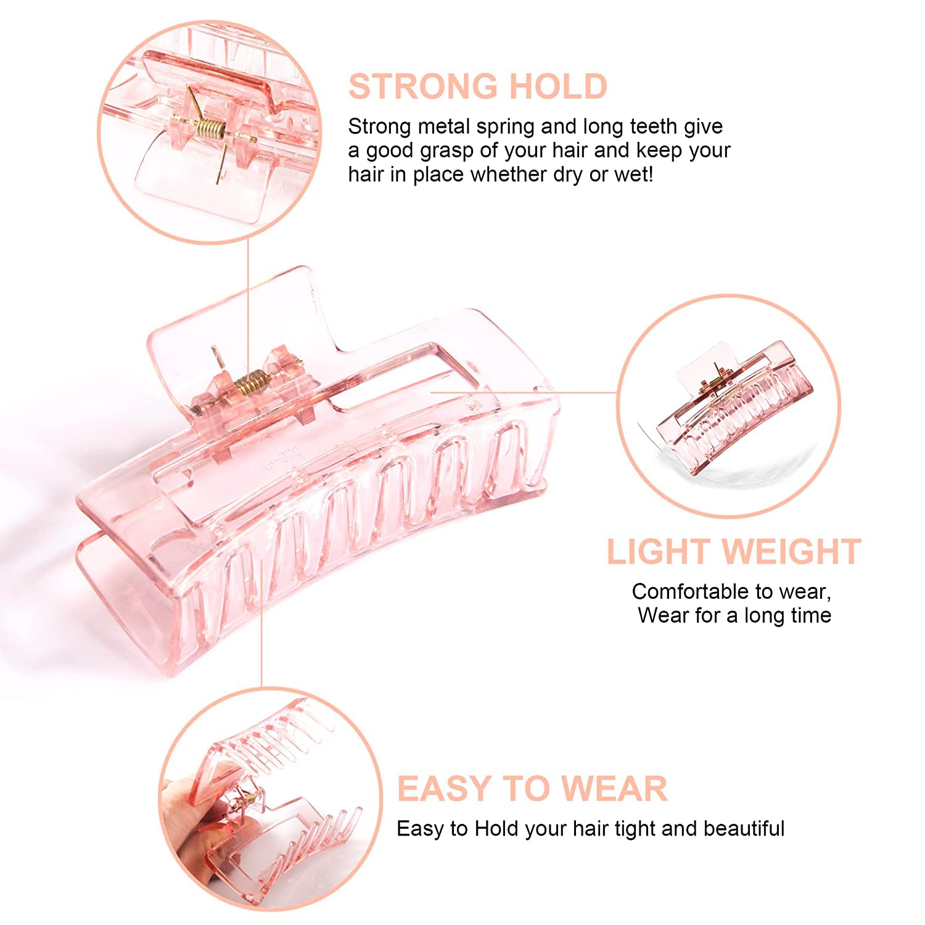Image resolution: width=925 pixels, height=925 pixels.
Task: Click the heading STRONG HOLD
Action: [478, 86]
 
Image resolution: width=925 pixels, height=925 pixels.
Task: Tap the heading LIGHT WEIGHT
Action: [734, 552]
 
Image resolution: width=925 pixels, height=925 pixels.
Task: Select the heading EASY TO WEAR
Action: [532, 788]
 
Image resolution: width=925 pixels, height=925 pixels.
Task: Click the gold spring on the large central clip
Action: [251, 382]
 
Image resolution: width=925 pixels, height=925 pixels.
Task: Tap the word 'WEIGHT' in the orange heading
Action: [791, 552]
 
